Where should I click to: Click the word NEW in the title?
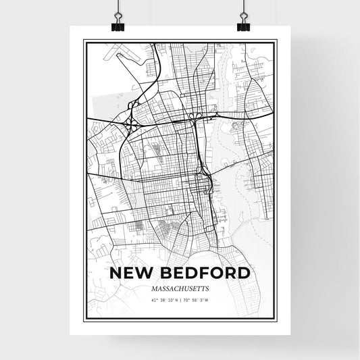132,274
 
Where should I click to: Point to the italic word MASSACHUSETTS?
180,288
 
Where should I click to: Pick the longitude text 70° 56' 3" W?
201,299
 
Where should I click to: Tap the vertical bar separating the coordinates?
180,299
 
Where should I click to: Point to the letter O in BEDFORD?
219,274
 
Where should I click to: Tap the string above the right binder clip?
243,7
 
